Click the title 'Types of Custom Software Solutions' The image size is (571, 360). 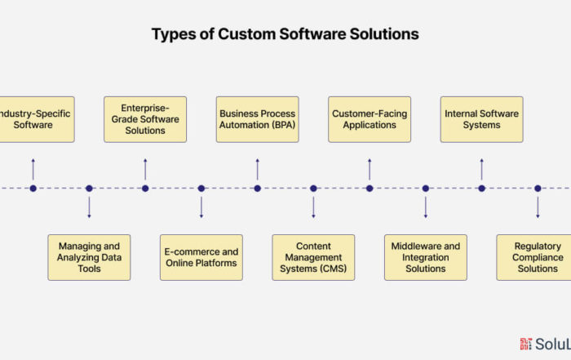pos(285,34)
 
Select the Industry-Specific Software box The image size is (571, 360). pos(33,119)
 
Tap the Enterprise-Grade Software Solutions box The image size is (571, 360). pos(145,119)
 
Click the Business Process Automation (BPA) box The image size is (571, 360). pos(257,119)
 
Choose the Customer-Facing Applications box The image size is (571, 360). pos(370,119)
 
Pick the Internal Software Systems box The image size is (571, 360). pos(481,119)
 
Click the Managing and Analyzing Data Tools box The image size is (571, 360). pos(89,257)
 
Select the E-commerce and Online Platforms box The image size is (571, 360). pos(201,257)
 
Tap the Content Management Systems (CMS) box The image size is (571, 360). pos(313,257)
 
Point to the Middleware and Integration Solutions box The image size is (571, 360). pos(425,257)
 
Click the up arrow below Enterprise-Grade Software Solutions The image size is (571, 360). pos(145,169)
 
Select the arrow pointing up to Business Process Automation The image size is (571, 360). pos(257,169)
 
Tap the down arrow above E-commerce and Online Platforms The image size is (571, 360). pos(201,207)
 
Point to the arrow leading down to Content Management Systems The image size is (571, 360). pos(313,207)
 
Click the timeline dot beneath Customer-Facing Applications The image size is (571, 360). pos(370,189)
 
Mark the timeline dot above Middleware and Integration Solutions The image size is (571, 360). pos(425,189)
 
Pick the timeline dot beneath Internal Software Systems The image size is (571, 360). pos(481,189)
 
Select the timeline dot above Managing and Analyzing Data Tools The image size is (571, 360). pos(89,189)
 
